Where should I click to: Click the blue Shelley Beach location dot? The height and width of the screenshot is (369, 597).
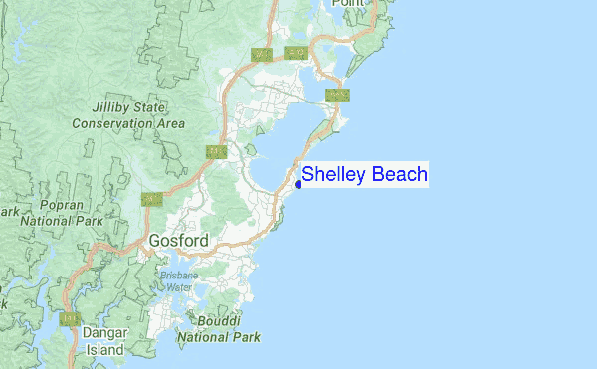tap(298, 183)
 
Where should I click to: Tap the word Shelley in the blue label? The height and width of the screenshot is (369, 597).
tap(333, 175)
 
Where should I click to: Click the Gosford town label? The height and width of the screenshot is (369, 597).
tap(179, 241)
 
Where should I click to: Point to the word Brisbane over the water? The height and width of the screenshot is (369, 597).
tap(180, 275)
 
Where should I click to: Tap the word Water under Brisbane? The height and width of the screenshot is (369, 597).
tap(179, 286)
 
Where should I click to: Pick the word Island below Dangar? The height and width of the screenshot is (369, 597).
tap(103, 350)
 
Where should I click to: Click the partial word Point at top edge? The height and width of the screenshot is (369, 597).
tap(348, 4)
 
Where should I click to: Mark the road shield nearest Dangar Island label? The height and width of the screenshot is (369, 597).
tap(70, 319)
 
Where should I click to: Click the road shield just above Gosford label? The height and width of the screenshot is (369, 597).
tap(151, 199)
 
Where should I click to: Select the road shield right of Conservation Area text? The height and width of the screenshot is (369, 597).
tap(216, 151)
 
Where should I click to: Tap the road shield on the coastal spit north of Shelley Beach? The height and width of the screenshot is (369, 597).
tap(338, 95)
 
